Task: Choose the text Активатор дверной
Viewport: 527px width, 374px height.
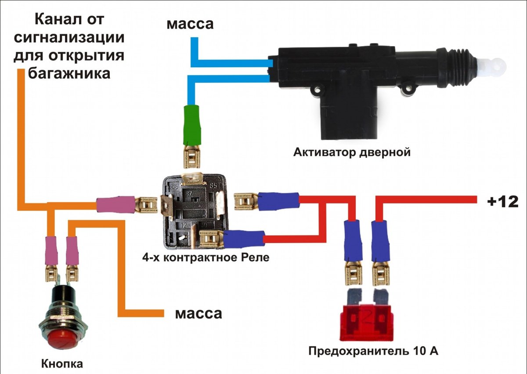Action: tap(352, 153)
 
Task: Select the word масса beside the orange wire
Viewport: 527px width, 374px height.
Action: tap(199, 313)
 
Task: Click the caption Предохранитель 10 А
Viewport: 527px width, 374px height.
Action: tap(373, 352)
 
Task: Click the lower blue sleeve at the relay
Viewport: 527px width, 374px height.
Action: tap(243, 239)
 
